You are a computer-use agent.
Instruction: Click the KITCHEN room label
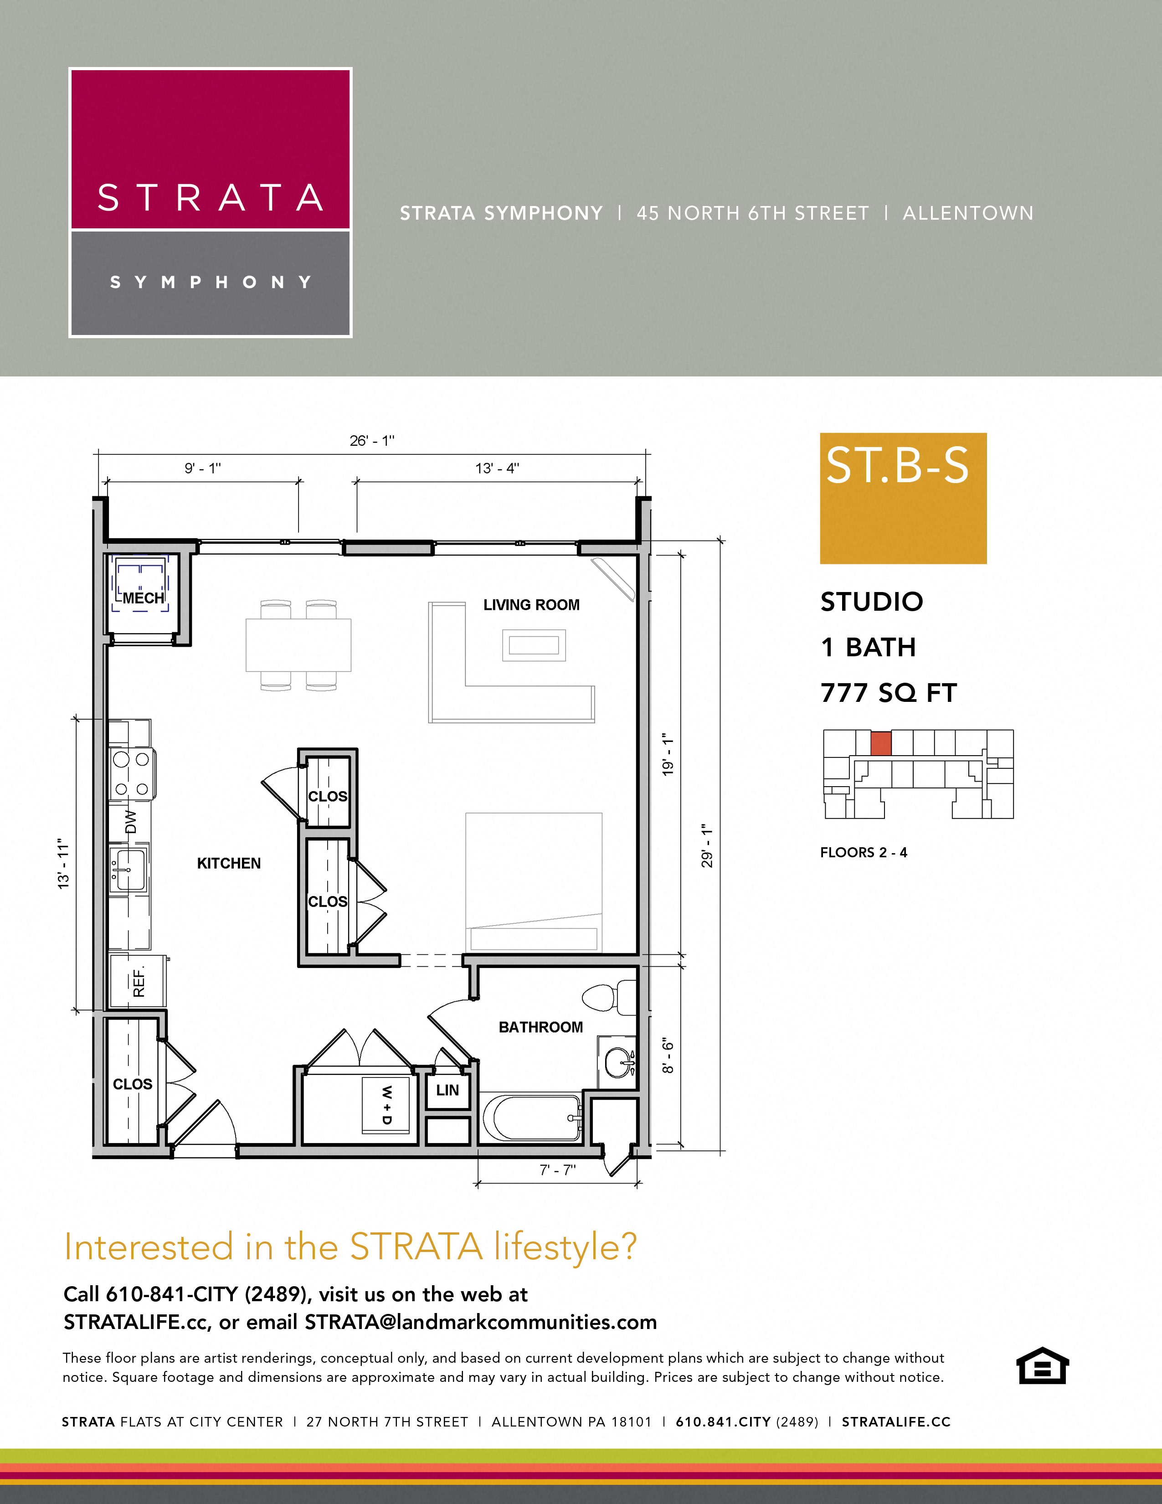pos(229,863)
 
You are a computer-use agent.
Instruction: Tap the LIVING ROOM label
pos(531,605)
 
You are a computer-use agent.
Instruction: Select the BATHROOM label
pos(540,1027)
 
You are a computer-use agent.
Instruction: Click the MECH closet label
pos(143,598)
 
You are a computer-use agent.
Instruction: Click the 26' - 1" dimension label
pos(372,441)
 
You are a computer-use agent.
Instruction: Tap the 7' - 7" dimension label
pos(557,1170)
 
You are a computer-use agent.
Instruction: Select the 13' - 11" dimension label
pos(64,864)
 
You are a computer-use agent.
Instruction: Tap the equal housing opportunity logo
pos(1042,1365)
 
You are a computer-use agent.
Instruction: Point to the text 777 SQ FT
pos(888,693)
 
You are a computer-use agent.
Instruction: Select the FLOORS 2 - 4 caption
pos(863,853)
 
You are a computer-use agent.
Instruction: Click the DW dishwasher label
pos(130,822)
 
